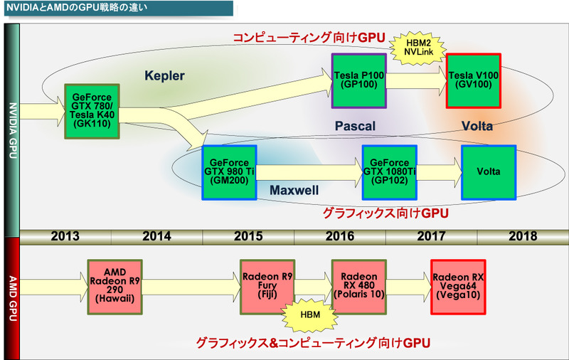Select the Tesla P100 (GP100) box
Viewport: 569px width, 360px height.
click(359, 80)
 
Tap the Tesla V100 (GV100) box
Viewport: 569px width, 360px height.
click(474, 80)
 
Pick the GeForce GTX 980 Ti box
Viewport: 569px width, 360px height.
click(229, 171)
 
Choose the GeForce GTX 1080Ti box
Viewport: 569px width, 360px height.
click(389, 171)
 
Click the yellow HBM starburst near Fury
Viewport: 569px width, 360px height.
click(309, 314)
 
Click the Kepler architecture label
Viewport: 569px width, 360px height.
click(164, 75)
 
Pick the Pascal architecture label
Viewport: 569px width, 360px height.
click(355, 126)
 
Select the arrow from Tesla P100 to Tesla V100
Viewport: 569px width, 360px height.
click(417, 80)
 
